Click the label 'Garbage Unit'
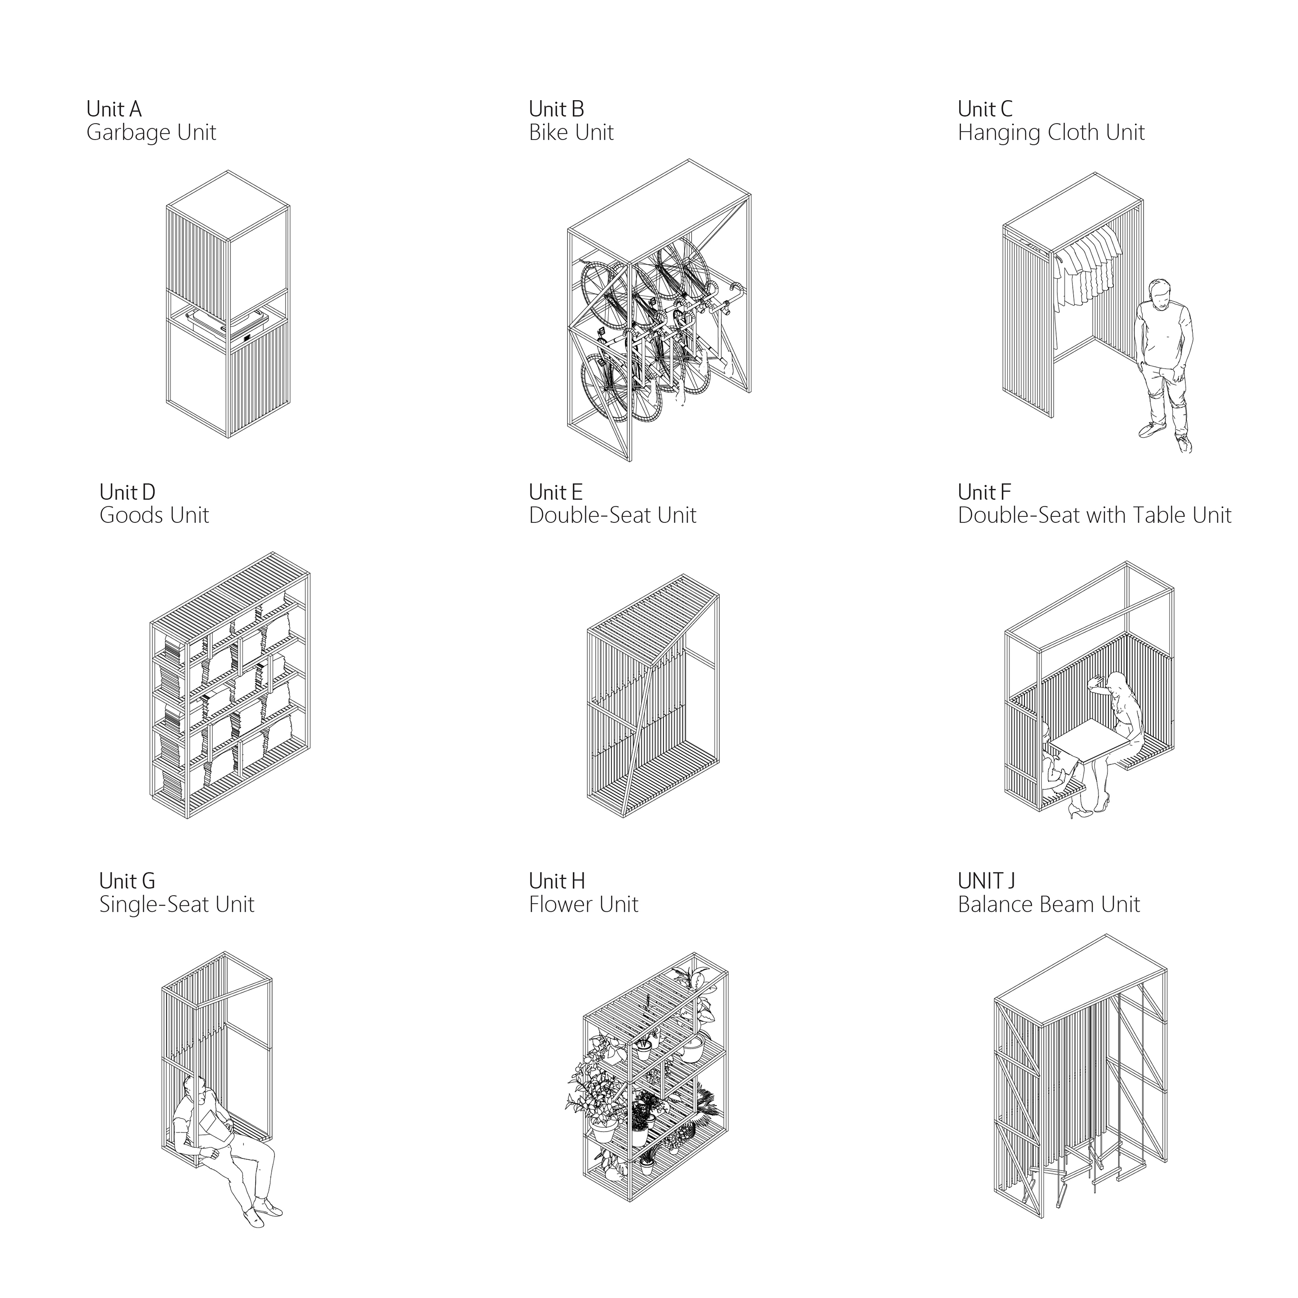click(151, 133)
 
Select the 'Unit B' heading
click(556, 109)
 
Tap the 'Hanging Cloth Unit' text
click(1051, 133)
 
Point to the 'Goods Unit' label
click(154, 515)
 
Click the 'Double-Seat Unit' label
click(612, 515)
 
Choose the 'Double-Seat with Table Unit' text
click(1094, 515)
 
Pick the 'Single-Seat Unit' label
click(177, 904)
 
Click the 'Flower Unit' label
click(583, 904)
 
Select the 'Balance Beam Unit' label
click(1049, 904)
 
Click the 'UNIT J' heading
click(986, 880)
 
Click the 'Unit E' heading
click(556, 492)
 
